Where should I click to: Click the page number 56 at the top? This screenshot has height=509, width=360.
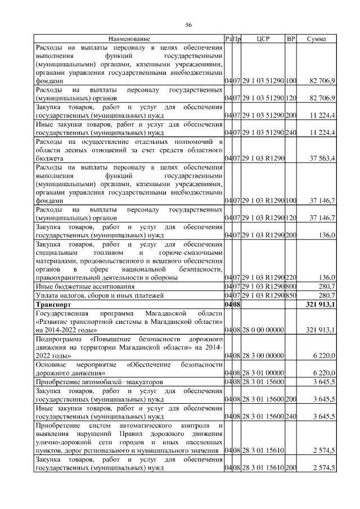[189, 25]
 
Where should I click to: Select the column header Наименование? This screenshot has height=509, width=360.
[129, 39]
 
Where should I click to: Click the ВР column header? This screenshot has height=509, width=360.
[291, 39]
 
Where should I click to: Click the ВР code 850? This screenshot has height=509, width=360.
[291, 295]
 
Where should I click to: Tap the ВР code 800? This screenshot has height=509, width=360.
[291, 286]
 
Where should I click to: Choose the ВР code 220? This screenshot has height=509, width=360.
[291, 277]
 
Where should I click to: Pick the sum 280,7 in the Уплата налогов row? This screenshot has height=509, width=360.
[326, 295]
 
